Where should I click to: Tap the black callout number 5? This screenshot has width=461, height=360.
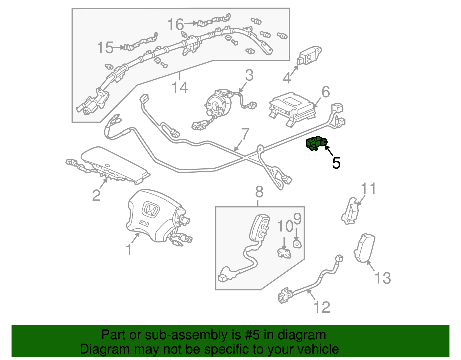coord(336,163)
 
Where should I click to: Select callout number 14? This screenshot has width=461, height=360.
coord(180,87)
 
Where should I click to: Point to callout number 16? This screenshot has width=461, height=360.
coord(175,24)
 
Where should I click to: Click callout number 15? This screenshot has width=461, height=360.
coord(105,48)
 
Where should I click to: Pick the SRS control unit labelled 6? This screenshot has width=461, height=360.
coord(291,108)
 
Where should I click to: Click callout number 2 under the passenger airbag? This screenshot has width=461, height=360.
coord(97,195)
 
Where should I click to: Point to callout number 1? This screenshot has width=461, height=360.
coord(129,249)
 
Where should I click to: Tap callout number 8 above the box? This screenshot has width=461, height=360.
coord(259,192)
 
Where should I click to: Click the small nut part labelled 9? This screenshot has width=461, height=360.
coord(297,244)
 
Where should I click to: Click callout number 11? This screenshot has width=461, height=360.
coord(369,189)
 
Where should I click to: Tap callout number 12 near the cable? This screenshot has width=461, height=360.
coord(322,307)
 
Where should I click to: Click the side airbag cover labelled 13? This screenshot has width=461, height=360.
coord(364,248)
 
